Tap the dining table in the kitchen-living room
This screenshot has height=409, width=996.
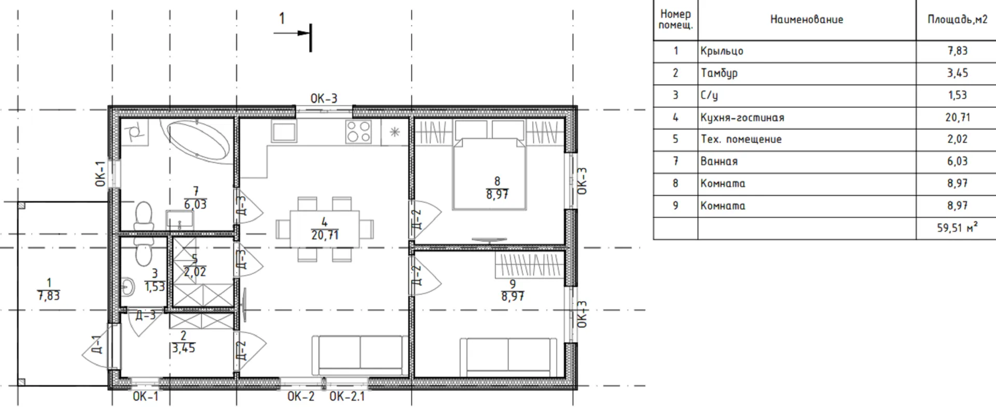[x=325, y=228]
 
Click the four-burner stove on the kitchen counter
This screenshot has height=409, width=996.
[x=358, y=131]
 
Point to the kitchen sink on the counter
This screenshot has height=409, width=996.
[x=284, y=132]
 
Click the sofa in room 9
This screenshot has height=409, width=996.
[x=509, y=357]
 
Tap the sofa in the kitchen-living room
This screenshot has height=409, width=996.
[x=360, y=355]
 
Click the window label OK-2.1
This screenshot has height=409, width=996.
[x=347, y=397]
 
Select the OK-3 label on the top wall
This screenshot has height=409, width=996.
[x=324, y=98]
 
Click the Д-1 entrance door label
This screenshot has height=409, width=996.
[x=97, y=344]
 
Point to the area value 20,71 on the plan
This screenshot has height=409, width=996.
[x=325, y=235]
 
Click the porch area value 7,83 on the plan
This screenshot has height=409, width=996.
[x=49, y=296]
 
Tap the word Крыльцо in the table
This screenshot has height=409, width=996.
[x=722, y=51]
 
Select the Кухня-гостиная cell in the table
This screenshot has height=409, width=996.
[x=742, y=118]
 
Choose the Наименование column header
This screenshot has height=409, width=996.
[x=807, y=20]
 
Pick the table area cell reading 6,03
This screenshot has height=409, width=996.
[x=957, y=161]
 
